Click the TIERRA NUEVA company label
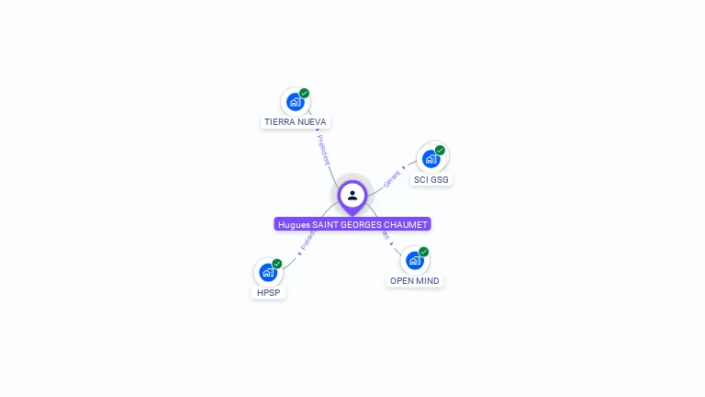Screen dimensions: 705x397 (295, 121)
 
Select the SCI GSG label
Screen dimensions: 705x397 (431, 179)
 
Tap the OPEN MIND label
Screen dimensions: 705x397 (414, 280)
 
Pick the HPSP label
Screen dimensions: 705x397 (268, 293)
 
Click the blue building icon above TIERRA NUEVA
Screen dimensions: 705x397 (294, 102)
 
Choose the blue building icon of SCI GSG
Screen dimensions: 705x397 (431, 159)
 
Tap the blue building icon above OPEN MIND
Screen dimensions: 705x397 (414, 261)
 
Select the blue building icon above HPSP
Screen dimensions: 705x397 (267, 273)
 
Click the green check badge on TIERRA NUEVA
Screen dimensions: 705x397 (305, 93)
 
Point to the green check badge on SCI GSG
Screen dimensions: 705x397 (440, 150)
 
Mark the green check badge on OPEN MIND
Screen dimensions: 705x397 (424, 251)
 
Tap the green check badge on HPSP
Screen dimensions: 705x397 (277, 264)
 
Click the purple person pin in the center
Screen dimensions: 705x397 (352, 195)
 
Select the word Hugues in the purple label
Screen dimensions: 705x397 (294, 224)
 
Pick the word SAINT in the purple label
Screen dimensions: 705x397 (326, 224)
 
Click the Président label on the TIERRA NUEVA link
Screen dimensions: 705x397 (324, 149)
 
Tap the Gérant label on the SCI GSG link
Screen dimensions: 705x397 (392, 178)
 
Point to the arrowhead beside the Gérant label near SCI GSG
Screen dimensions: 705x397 (404, 168)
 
